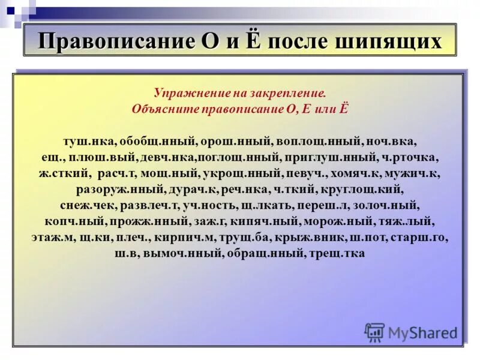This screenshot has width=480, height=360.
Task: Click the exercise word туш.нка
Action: click(x=88, y=142)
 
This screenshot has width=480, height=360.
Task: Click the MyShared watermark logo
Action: click(x=410, y=332)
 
